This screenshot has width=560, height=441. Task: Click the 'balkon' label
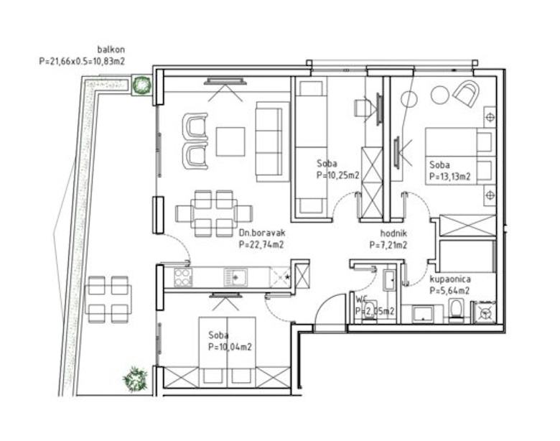point(111,50)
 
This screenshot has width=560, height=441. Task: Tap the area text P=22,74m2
point(261,245)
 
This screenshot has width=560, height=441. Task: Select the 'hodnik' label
point(393,233)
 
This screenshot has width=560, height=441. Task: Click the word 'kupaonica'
point(450,279)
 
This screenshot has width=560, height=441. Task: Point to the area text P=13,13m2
point(450,177)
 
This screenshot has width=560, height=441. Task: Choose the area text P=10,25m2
point(338,175)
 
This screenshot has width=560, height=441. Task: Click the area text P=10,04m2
point(230,347)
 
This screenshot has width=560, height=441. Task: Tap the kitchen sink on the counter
point(234,278)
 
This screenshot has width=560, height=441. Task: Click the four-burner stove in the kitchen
point(183,277)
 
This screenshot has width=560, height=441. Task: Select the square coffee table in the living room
point(230,141)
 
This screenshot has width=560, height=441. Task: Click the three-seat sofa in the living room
point(272,141)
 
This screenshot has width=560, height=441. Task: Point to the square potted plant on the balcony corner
point(141,85)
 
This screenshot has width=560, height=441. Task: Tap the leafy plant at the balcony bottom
point(135,379)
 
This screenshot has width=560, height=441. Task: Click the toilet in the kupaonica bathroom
point(455,310)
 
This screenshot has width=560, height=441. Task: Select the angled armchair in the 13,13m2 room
point(466,93)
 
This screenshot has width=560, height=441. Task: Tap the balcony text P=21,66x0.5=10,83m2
point(82,62)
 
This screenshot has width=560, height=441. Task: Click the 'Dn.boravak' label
point(262,233)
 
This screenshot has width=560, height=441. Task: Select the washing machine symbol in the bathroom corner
point(485,312)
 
